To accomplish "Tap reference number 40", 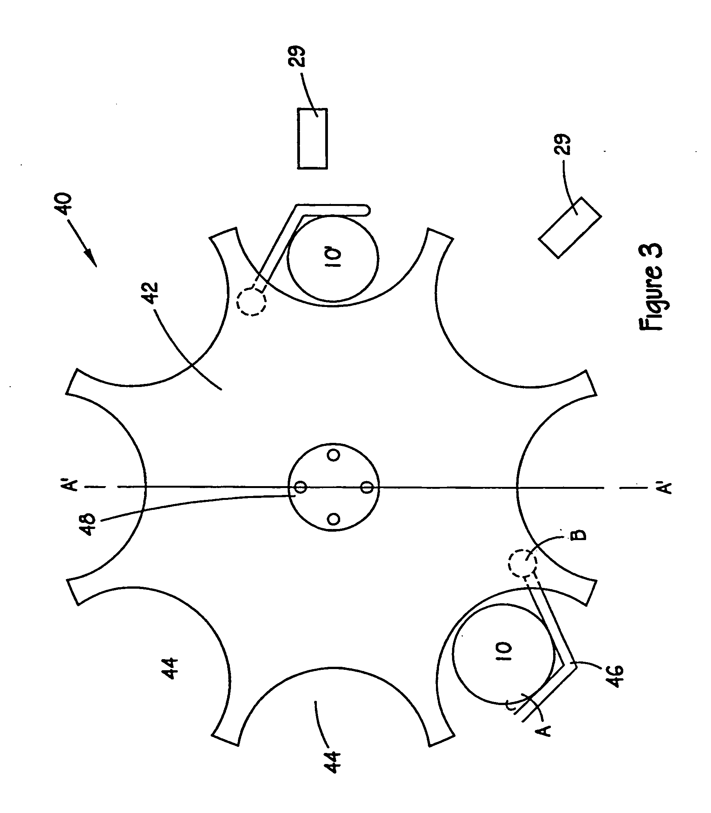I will click(65, 204).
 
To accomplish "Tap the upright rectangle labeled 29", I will click(313, 139).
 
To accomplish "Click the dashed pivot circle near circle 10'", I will click(251, 301).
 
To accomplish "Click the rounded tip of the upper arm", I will click(367, 210).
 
